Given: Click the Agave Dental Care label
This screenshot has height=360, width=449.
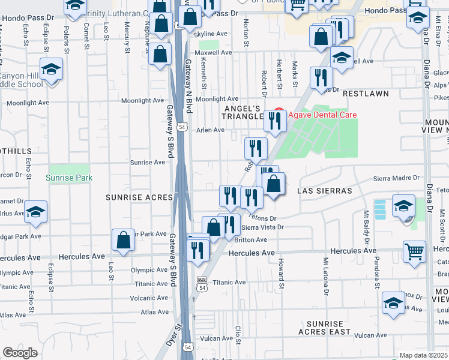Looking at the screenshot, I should pos(322,115).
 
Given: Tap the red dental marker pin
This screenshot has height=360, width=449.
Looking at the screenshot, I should pos(278,114).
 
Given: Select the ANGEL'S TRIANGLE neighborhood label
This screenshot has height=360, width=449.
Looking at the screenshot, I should pos(244,112).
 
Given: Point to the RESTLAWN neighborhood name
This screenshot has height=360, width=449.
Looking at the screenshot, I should pos(366,94).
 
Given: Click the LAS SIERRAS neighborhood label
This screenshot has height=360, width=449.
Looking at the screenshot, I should pos(324,190).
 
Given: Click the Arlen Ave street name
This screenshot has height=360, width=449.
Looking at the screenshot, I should pos(210,130).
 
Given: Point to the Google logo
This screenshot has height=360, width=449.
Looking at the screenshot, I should pos(20,352).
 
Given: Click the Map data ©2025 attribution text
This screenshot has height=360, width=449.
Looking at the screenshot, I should pos(424,355).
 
